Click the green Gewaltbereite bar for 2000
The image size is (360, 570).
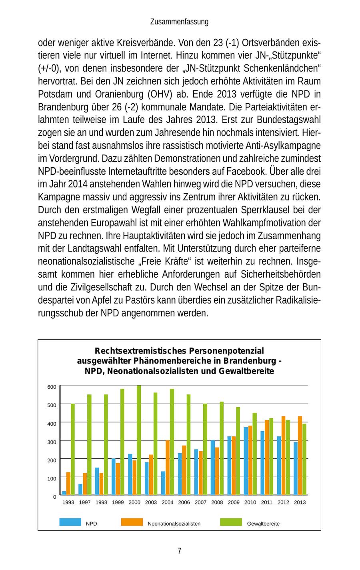tap(139, 440)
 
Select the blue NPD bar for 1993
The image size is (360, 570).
tap(64, 493)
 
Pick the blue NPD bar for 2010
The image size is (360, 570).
tap(246, 461)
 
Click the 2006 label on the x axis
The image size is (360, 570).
tap(184, 502)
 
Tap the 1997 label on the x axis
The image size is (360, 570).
tap(85, 502)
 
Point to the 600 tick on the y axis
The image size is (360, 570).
tap(52, 387)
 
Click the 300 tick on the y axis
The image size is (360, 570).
tap(52, 442)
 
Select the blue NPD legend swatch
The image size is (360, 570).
tap(70, 522)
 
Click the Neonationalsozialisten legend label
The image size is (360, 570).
tap(174, 524)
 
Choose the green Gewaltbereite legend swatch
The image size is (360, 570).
tap(231, 522)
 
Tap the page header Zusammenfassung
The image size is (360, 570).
tap(179, 22)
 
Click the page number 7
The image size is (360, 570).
tap(179, 551)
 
